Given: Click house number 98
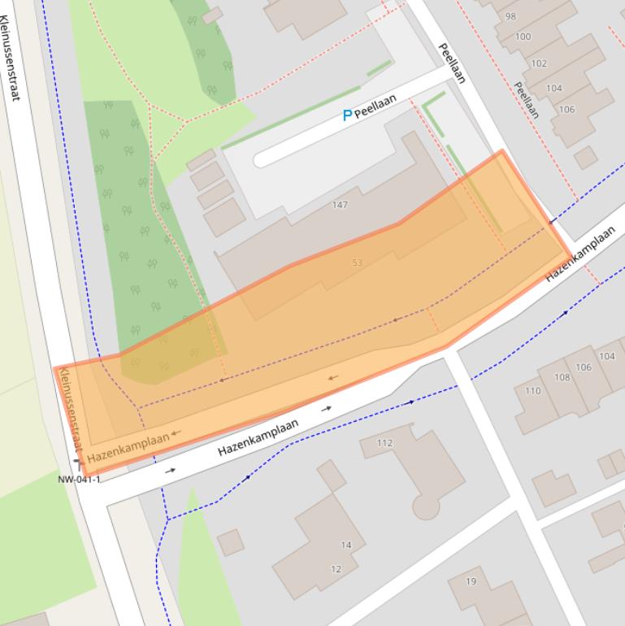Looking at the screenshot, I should click(510, 16).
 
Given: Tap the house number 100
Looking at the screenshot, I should click(523, 37).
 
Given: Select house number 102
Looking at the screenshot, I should click(539, 63).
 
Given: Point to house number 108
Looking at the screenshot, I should click(562, 377).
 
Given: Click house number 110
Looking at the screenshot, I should click(532, 391).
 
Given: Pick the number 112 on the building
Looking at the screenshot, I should click(384, 443).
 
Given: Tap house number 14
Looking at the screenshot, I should click(346, 545).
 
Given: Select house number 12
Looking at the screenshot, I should click(336, 569).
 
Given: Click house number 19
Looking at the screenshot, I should click(471, 581).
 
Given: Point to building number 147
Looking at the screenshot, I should click(340, 205).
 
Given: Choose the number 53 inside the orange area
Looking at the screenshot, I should click(358, 263).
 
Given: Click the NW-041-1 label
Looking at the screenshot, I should click(79, 480).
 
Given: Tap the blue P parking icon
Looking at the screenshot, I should click(347, 115).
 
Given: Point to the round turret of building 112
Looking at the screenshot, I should click(426, 507).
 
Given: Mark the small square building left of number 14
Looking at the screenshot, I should click(231, 542).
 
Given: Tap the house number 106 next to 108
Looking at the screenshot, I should click(584, 367).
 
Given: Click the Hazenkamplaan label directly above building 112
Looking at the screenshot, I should click(258, 437).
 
